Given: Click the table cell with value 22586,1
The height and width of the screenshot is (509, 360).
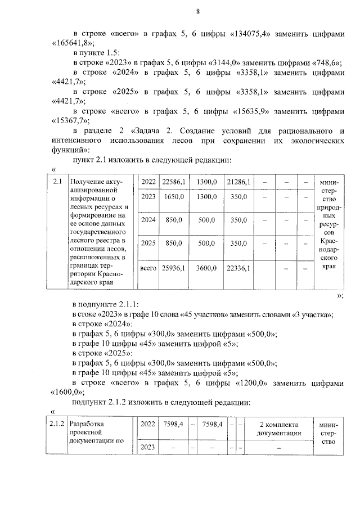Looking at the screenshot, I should coord(172,181).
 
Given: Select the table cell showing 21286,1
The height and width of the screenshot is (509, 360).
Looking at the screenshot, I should coord(238,181).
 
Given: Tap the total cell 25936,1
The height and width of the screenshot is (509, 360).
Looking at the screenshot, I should coord(172,269).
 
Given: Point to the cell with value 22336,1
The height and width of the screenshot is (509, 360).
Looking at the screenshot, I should coord(238,269).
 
